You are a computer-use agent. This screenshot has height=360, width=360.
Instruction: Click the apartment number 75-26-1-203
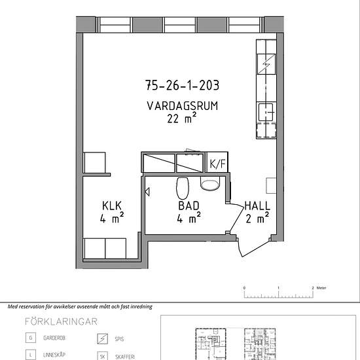[x=183, y=85]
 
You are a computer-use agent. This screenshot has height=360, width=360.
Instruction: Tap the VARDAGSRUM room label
[x=183, y=106]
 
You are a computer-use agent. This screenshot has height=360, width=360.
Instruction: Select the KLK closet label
[x=112, y=206]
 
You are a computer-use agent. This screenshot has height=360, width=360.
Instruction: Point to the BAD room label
[x=189, y=206]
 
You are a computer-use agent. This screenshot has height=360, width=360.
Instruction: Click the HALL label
[x=257, y=206]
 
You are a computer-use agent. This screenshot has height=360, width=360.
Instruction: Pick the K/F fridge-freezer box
[x=217, y=162]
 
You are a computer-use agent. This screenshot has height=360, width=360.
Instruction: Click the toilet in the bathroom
[x=183, y=188]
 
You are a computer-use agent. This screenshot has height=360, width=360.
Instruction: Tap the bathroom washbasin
[x=210, y=184]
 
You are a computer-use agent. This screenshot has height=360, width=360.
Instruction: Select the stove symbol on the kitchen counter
[x=266, y=64]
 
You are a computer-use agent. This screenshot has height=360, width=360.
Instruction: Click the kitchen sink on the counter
[x=266, y=112]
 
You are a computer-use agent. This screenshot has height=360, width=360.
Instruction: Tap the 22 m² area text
[x=181, y=118]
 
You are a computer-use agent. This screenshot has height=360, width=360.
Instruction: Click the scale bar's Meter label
[x=321, y=288]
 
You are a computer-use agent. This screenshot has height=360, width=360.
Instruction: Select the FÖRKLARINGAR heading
[x=61, y=321]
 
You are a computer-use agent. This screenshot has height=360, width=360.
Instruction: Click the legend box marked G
[x=31, y=338]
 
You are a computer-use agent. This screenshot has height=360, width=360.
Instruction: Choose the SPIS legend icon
[x=102, y=338]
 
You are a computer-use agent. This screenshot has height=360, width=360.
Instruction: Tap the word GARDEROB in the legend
[x=54, y=338]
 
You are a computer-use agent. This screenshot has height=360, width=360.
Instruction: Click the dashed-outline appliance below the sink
[x=266, y=130]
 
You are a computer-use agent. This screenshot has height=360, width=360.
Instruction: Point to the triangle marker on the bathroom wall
[x=147, y=192]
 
